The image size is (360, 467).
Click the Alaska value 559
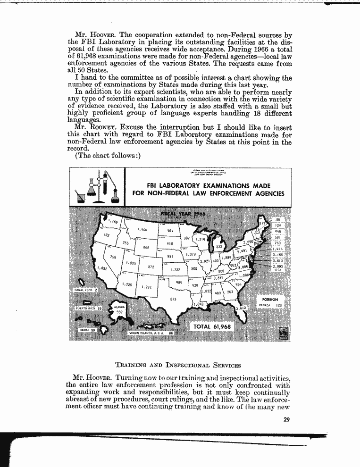(119, 312)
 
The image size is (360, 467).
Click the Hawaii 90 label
(87, 330)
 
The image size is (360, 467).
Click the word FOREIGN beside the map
(270, 299)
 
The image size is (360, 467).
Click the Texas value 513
(173, 299)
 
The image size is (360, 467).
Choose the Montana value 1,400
(142, 230)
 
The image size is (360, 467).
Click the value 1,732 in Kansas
(176, 270)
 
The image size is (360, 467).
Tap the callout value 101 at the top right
(277, 220)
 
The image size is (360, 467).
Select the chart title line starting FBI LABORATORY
(208, 186)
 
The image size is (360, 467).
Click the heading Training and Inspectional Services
(178, 365)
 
